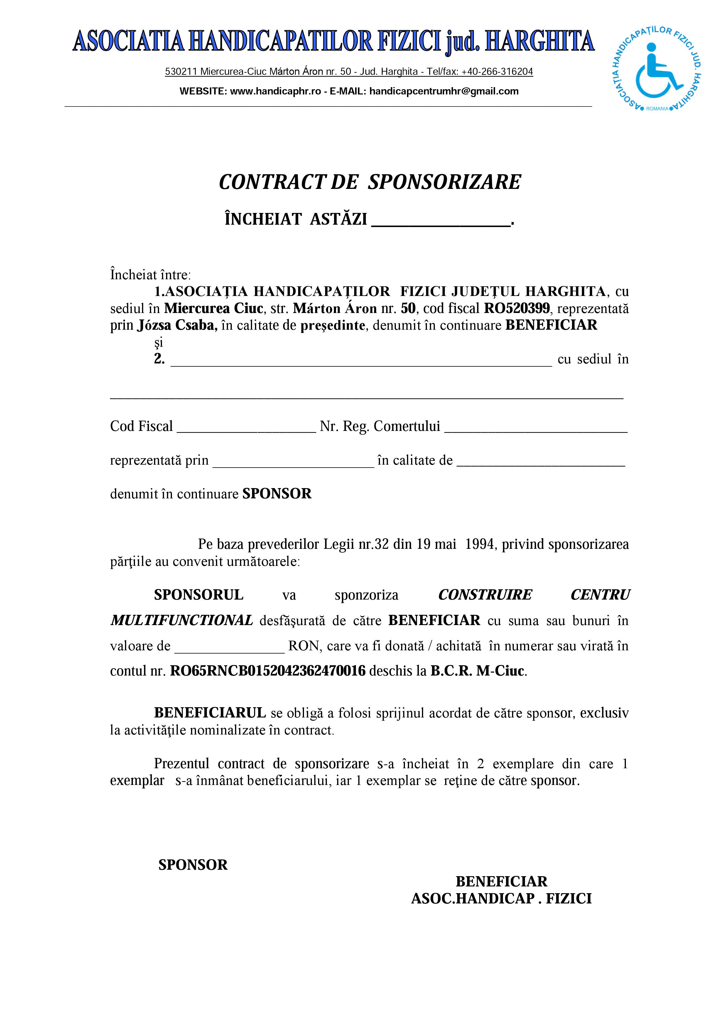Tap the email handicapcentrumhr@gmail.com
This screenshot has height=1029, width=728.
[444, 92]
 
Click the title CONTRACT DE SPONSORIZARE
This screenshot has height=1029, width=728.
[370, 182]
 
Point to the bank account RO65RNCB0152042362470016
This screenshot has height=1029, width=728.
[268, 671]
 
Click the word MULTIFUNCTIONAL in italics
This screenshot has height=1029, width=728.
[182, 621]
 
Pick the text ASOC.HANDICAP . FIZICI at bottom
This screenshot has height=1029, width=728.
[501, 898]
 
